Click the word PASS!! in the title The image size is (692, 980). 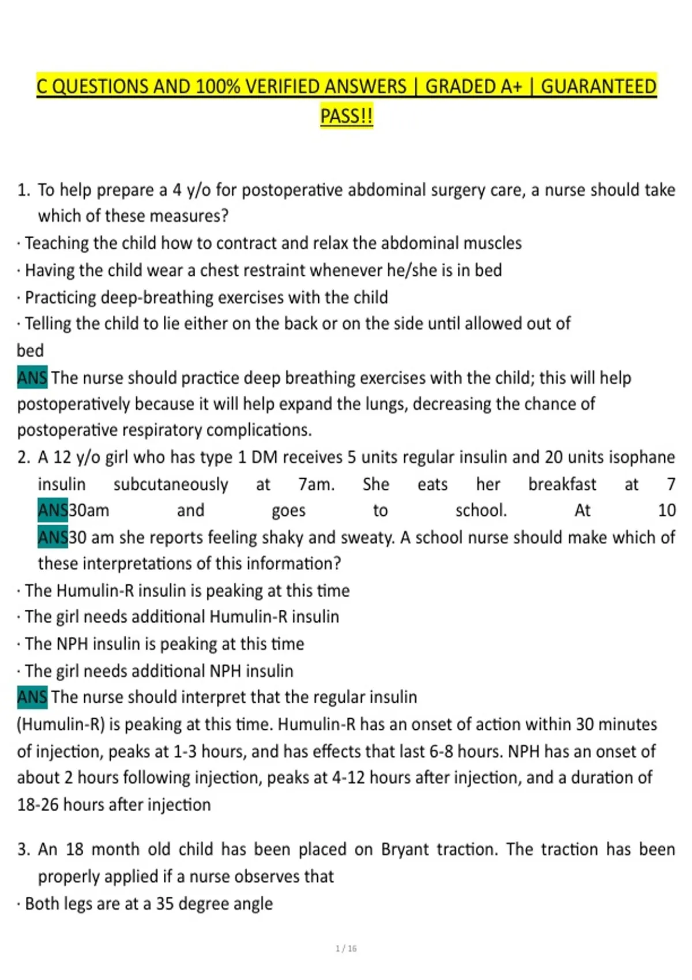347,116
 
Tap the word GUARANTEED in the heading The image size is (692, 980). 598,86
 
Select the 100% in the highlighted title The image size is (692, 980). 218,86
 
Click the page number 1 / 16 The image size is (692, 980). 346,948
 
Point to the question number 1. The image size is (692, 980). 23,190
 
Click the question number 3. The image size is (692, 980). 23,849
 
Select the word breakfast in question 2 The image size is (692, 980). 562,484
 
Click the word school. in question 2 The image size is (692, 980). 481,510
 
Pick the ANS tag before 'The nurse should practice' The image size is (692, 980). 32,378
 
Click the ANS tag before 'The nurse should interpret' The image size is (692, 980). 32,698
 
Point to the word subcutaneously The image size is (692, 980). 171,484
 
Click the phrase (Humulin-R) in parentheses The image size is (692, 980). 61,725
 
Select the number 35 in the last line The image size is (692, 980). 165,903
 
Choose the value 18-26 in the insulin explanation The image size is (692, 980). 37,804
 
